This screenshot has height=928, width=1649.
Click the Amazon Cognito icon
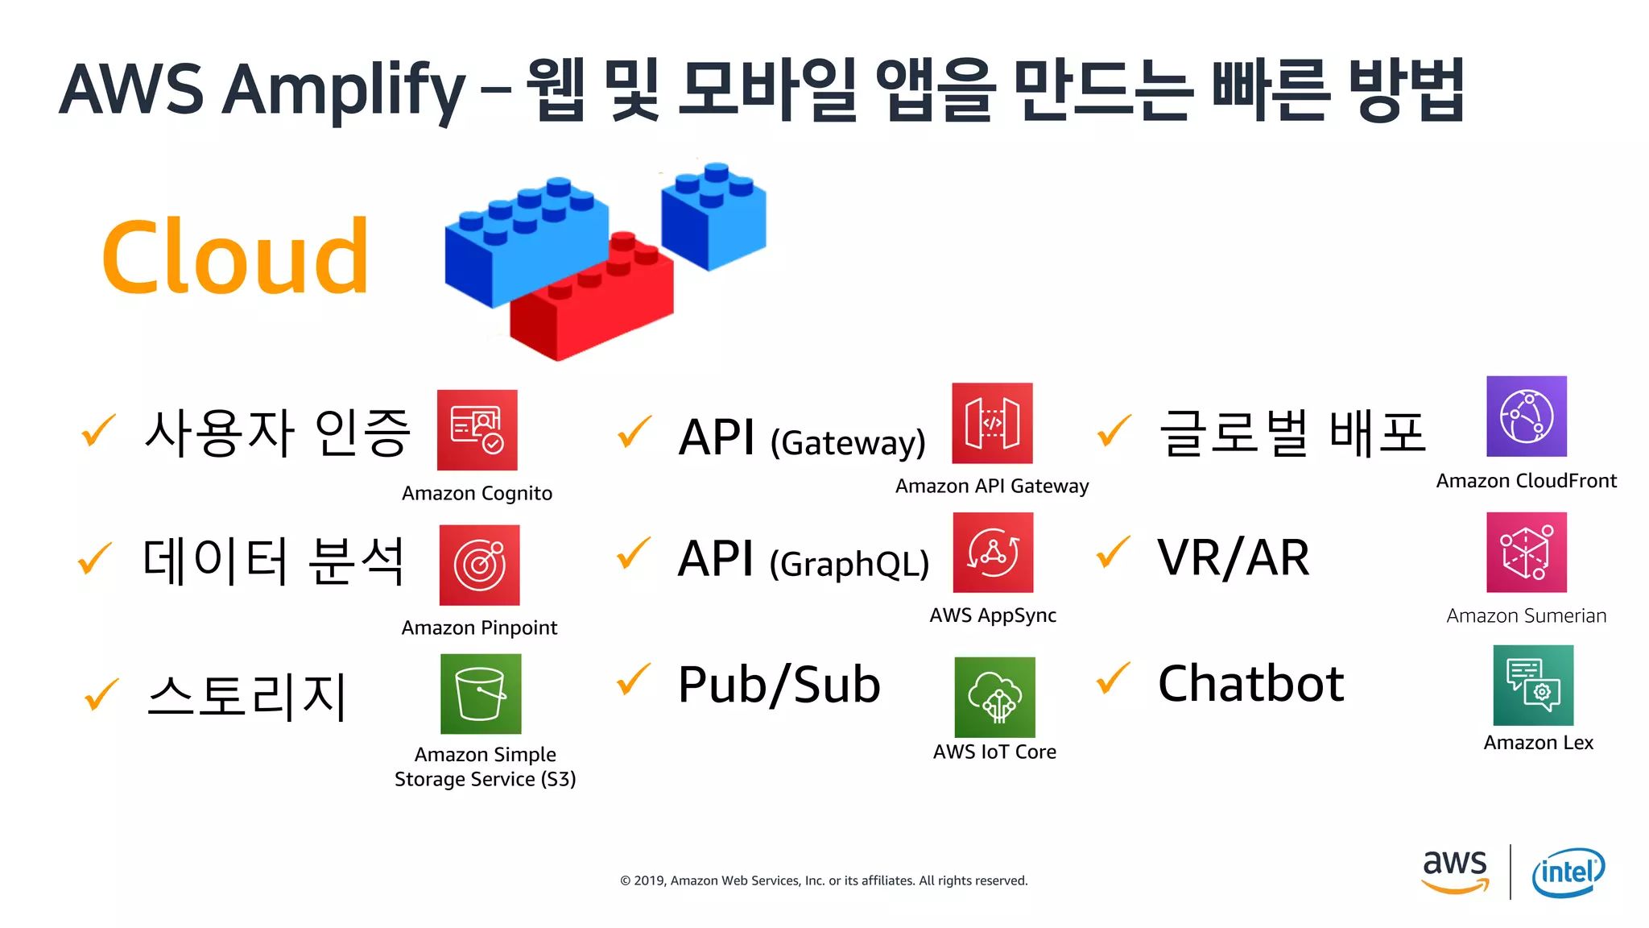(477, 430)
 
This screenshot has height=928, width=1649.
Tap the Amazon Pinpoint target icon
(479, 565)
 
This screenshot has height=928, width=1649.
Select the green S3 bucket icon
(481, 694)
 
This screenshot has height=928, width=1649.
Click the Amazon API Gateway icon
(992, 423)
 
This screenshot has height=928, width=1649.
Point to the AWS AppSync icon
(993, 553)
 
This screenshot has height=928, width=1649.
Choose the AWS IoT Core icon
(994, 697)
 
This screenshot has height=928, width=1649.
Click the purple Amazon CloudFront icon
(1527, 416)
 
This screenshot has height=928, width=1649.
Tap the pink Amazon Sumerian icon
(1527, 553)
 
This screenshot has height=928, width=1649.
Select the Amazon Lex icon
(1533, 685)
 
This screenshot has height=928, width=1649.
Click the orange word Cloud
(235, 258)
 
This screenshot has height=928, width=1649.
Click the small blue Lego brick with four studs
(713, 217)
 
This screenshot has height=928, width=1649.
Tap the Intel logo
(1568, 872)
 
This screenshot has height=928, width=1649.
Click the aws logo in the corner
(1455, 871)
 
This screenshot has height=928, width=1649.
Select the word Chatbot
(1250, 684)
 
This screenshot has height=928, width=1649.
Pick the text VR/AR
(1233, 557)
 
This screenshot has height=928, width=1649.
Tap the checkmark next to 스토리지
(101, 694)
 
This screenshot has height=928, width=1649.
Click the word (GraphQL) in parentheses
(849, 564)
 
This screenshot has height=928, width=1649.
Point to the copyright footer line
(824, 880)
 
